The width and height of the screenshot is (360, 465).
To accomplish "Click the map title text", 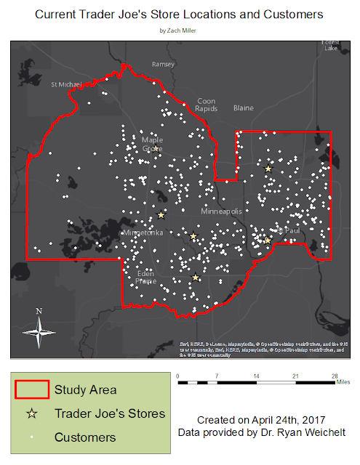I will [180, 15].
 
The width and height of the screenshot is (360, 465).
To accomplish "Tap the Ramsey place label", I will [163, 64].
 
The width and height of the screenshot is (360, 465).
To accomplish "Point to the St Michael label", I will [65, 84].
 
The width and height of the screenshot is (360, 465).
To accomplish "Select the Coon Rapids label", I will [207, 105].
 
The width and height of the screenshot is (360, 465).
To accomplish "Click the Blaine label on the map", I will [244, 108].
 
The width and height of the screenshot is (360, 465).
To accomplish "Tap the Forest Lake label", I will [330, 46].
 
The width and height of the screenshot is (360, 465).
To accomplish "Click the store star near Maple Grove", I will [155, 148].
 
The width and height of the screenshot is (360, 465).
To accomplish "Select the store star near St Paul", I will [267, 240].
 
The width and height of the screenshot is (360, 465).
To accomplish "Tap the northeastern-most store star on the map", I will [268, 169].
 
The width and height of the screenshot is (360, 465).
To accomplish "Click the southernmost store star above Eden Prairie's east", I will [195, 277].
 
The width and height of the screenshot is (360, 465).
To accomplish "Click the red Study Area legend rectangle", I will [31, 389].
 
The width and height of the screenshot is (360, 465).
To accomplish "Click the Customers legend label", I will [84, 437].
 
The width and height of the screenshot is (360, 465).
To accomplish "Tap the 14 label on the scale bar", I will [256, 376].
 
